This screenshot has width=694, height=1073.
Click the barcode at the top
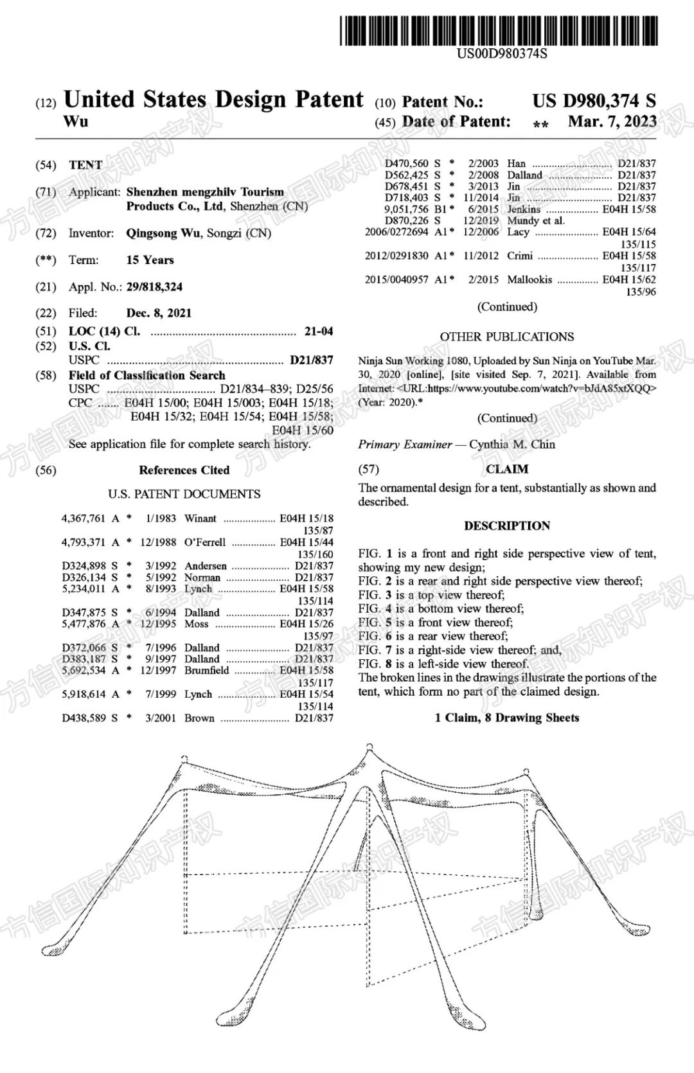pyautogui.click(x=499, y=30)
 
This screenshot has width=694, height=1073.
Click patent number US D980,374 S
pyautogui.click(x=594, y=101)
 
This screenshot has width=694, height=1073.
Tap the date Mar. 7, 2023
pyautogui.click(x=612, y=121)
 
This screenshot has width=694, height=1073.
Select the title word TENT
pyautogui.click(x=85, y=165)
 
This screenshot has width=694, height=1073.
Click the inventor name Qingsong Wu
pyautogui.click(x=163, y=233)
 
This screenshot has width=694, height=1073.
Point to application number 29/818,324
pyautogui.click(x=154, y=287)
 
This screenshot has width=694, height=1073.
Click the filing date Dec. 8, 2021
pyautogui.click(x=159, y=313)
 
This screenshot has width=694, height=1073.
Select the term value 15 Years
pyautogui.click(x=150, y=260)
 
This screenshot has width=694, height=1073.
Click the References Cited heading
pyautogui.click(x=184, y=470)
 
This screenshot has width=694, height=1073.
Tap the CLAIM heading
pyautogui.click(x=507, y=469)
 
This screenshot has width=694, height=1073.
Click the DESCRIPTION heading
pyautogui.click(x=507, y=526)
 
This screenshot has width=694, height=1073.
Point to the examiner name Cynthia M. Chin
pyautogui.click(x=512, y=444)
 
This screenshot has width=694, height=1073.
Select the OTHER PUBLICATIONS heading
pyautogui.click(x=507, y=337)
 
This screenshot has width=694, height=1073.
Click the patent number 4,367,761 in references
pyautogui.click(x=83, y=519)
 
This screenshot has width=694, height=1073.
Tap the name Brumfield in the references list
pyautogui.click(x=206, y=670)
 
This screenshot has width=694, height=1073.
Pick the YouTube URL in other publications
pyautogui.click(x=542, y=388)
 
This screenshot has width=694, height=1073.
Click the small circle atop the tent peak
pyautogui.click(x=369, y=747)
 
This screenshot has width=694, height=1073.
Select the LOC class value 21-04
pyautogui.click(x=319, y=332)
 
